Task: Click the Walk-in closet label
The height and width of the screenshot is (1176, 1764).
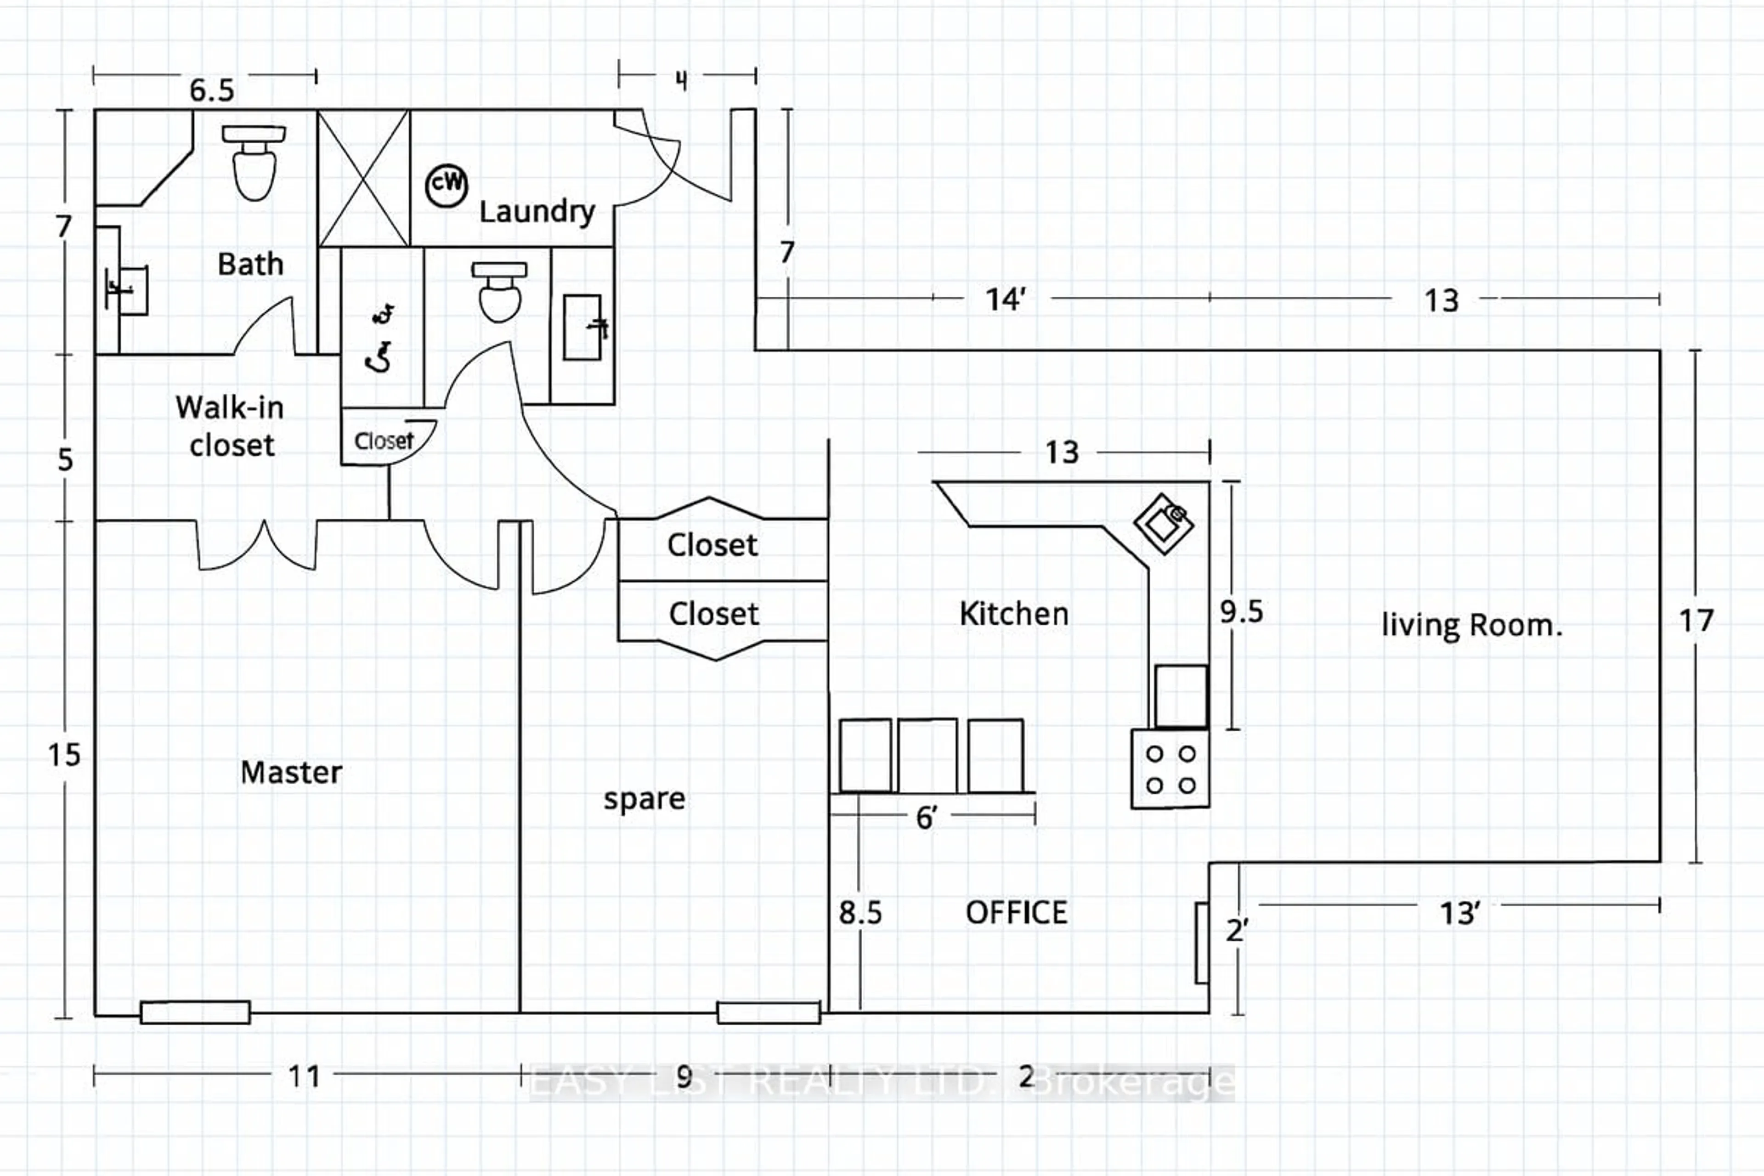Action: click(x=230, y=426)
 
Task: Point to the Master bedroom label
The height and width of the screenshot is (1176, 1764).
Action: click(x=291, y=773)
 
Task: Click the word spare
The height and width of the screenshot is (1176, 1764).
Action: click(x=644, y=799)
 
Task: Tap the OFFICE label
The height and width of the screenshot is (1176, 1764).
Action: click(x=1016, y=913)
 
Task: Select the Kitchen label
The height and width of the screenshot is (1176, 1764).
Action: click(x=1014, y=614)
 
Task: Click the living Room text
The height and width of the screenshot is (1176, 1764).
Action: click(x=1471, y=625)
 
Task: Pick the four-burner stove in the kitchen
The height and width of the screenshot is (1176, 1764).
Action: click(x=1170, y=769)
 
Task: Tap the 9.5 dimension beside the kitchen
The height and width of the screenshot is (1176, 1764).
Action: click(x=1241, y=612)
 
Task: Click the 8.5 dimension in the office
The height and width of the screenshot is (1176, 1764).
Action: click(x=860, y=913)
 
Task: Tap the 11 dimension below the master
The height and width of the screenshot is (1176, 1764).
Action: click(x=304, y=1077)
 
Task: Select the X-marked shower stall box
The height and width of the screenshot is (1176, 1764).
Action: click(x=364, y=179)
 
